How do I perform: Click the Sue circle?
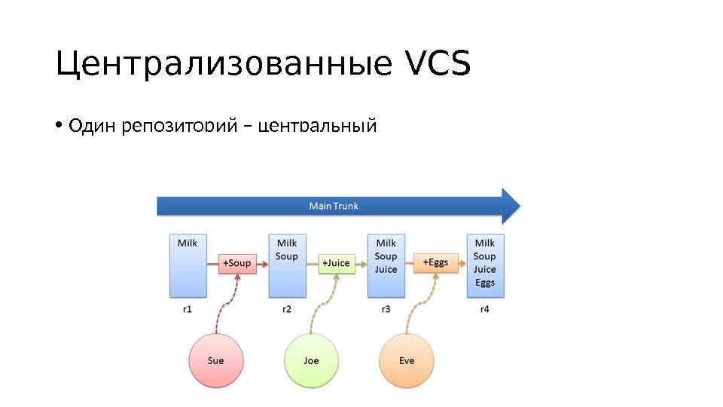point(216,360)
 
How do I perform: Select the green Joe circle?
point(311,360)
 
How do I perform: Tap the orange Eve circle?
point(407,360)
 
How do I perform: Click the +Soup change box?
point(236,263)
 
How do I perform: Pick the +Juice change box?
point(336,263)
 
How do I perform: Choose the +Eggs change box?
point(435,262)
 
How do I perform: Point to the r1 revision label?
point(188,309)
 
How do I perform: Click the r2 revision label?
point(287,309)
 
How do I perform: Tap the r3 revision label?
point(386,309)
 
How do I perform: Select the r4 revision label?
point(485,309)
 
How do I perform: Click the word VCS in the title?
point(438,65)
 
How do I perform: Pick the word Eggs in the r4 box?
point(485,283)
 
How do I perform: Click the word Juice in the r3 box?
point(386,270)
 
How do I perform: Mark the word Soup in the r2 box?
point(287,256)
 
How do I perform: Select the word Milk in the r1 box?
point(188,243)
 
